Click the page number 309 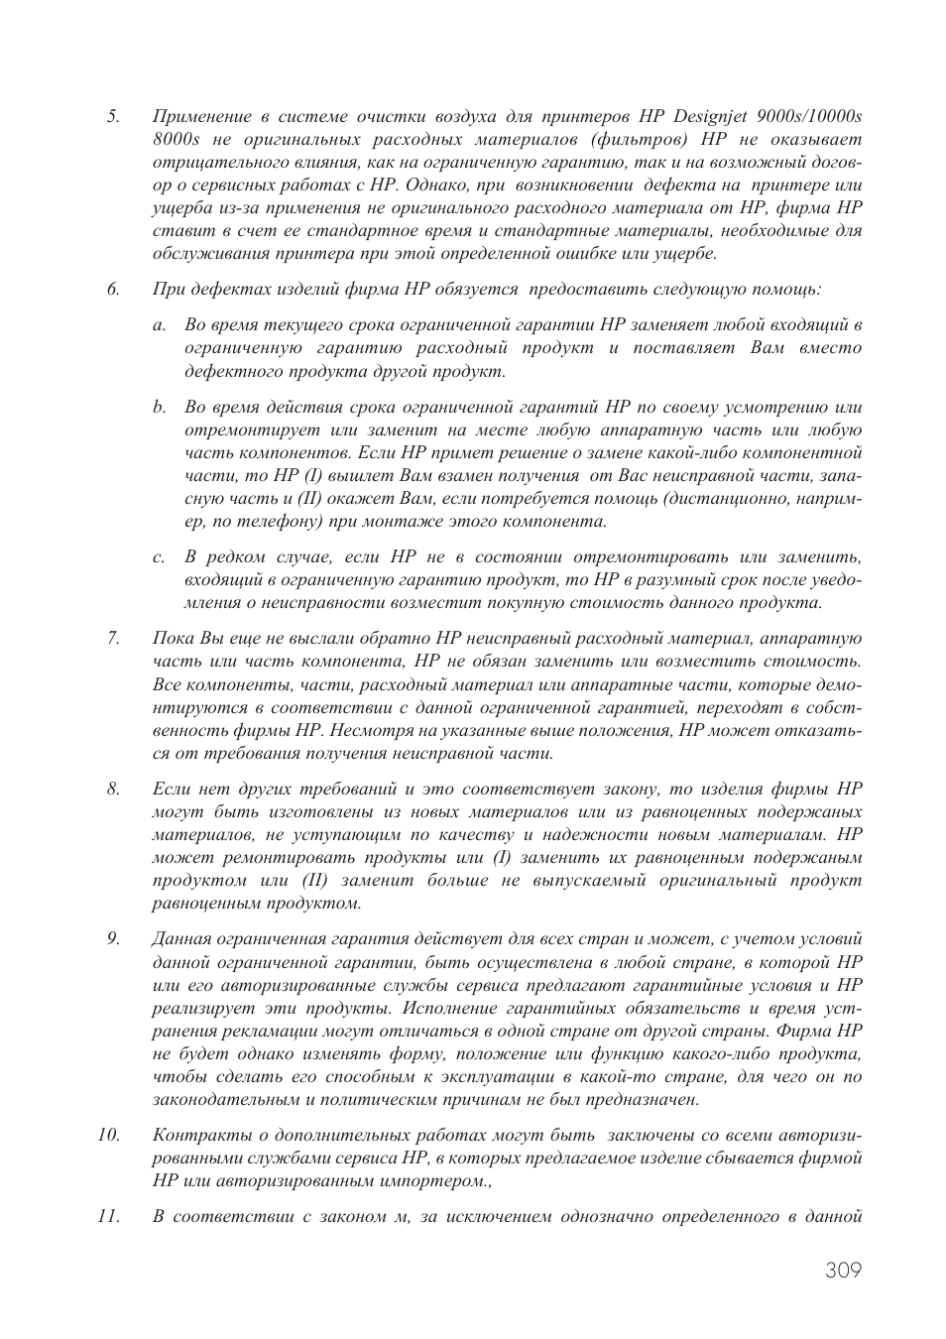click(842, 1271)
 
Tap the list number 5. click(113, 116)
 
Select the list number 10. click(108, 1135)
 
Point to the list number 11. click(108, 1216)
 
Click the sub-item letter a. click(159, 325)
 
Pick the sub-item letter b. click(159, 407)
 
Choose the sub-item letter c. click(159, 557)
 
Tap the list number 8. click(113, 789)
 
